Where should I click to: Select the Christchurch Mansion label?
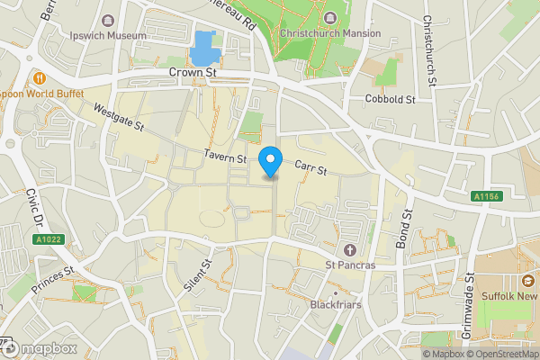pos(329,33)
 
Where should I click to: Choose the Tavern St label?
pos(225,157)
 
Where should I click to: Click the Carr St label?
pos(310,167)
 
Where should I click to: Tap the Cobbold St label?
pos(389,99)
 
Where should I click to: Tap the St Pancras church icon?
pos(349,248)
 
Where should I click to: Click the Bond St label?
pos(403,229)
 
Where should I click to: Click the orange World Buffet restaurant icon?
pos(40,76)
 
